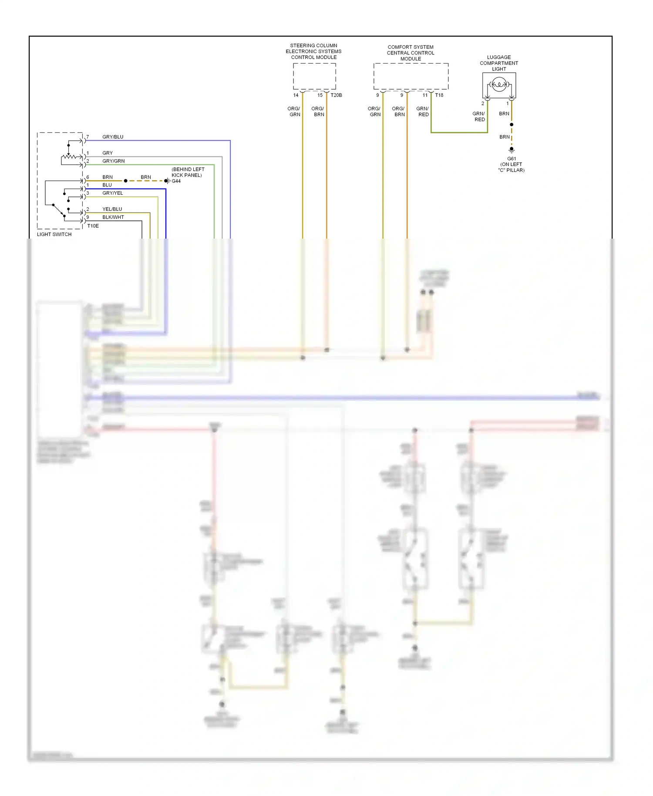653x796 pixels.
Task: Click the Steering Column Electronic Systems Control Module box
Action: coord(314,76)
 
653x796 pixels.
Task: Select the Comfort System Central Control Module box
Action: coord(411,76)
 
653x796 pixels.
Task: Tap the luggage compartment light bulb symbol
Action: coord(499,84)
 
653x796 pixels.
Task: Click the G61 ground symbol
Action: coord(512,150)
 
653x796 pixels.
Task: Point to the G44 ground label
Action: coord(176,181)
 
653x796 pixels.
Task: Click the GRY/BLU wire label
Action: coord(113,137)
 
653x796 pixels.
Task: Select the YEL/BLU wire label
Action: coord(112,209)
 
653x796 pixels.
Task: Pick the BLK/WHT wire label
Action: coord(113,217)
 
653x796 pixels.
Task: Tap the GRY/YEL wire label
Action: coord(112,193)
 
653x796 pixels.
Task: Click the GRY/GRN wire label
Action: coord(113,161)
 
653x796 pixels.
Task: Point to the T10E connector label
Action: coord(93,226)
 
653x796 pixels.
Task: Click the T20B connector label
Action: coord(336,95)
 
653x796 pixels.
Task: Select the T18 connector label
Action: coord(439,95)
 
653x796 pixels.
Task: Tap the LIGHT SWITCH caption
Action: coord(54,234)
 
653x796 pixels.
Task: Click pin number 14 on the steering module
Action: coord(296,95)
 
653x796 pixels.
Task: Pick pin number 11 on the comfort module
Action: coord(425,95)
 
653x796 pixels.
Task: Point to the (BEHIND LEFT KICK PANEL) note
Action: coord(188,172)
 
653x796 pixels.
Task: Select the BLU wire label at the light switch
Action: coord(107,185)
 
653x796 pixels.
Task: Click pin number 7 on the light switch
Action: coord(88,137)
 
